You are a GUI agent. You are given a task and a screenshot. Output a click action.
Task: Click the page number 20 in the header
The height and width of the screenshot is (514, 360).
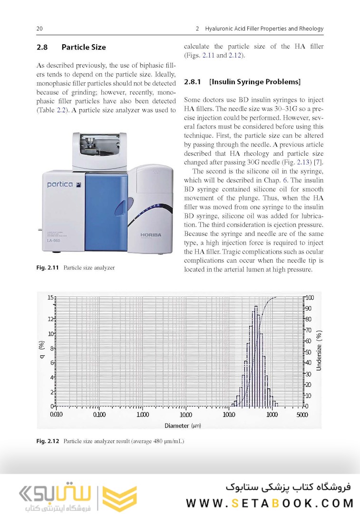(40, 29)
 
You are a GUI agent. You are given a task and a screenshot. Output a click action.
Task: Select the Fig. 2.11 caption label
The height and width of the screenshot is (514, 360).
(48, 268)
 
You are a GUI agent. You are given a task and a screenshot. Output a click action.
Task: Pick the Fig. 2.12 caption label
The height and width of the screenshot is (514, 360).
(48, 441)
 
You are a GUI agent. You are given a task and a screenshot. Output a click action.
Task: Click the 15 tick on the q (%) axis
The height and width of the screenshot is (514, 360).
(50, 297)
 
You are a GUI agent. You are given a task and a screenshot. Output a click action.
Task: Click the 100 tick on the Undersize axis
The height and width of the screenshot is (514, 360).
(310, 297)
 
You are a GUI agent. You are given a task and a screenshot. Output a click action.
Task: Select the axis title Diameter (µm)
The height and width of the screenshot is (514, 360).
(183, 425)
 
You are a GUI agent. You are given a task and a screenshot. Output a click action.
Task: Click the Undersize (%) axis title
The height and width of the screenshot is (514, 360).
(320, 351)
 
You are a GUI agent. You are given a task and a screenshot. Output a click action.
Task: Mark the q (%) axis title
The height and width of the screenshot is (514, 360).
(41, 351)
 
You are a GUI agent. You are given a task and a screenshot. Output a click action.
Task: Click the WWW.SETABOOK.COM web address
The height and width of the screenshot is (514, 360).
(270, 503)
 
